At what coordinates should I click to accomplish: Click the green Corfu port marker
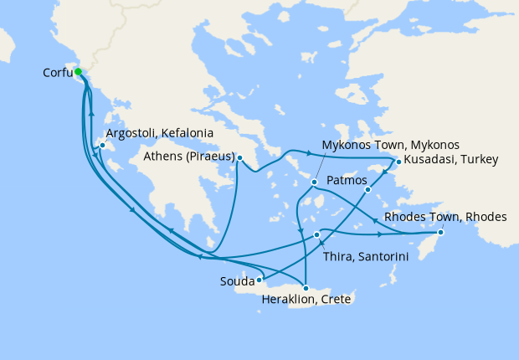pyautogui.click(x=78, y=71)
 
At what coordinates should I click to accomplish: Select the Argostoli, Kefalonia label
pyautogui.click(x=159, y=133)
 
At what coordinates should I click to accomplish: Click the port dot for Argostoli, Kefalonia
pyautogui.click(x=101, y=146)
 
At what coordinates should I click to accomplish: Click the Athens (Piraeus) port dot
pyautogui.click(x=239, y=157)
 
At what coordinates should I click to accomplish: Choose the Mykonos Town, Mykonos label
pyautogui.click(x=391, y=145)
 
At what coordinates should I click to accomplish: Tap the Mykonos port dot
pyautogui.click(x=314, y=181)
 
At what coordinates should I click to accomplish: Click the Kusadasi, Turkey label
pyautogui.click(x=450, y=159)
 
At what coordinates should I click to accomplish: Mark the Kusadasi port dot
pyautogui.click(x=398, y=162)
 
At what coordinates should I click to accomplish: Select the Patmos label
pyautogui.click(x=344, y=179)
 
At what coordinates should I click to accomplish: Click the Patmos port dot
pyautogui.click(x=367, y=190)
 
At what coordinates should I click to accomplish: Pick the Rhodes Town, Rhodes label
pyautogui.click(x=445, y=217)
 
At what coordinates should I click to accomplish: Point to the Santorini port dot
pyautogui.click(x=316, y=234)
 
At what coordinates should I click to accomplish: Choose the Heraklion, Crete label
pyautogui.click(x=306, y=300)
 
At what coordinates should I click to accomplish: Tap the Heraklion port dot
pyautogui.click(x=305, y=288)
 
